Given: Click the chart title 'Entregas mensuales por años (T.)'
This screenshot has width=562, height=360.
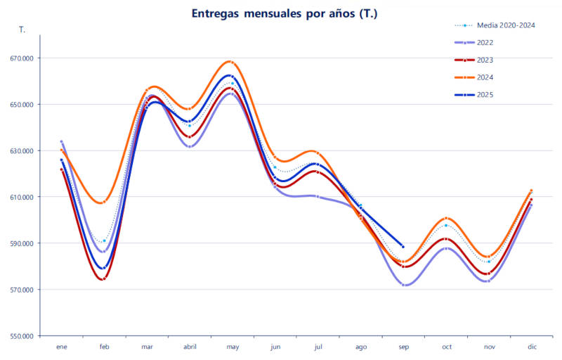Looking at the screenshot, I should (x=284, y=13).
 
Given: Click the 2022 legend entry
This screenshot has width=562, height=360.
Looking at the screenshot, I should (x=485, y=42).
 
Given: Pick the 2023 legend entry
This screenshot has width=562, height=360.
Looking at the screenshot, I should (x=485, y=60).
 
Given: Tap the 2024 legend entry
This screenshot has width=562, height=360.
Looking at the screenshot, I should (x=485, y=77).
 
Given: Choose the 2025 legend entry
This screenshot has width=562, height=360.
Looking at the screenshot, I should (x=485, y=94).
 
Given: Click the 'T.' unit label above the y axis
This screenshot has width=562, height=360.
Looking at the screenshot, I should (x=22, y=30).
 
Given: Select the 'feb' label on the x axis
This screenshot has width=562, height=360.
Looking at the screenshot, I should (x=104, y=347).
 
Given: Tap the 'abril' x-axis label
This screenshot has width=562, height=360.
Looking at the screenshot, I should (x=189, y=347).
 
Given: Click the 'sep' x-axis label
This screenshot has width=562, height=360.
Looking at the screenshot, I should (x=403, y=347).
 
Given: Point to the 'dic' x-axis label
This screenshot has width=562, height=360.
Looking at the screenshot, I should (x=531, y=347).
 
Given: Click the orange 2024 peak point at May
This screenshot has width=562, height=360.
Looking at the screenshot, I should (x=232, y=62).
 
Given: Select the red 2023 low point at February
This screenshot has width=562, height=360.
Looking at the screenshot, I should (x=104, y=279).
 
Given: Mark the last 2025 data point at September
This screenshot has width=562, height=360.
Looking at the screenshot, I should (x=403, y=247).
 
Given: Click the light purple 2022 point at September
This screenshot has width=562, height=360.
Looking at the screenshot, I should (x=403, y=285).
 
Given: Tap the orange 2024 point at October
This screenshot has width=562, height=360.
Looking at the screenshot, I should (x=446, y=218).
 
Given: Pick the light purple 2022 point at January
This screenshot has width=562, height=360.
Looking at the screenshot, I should (x=61, y=141).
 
